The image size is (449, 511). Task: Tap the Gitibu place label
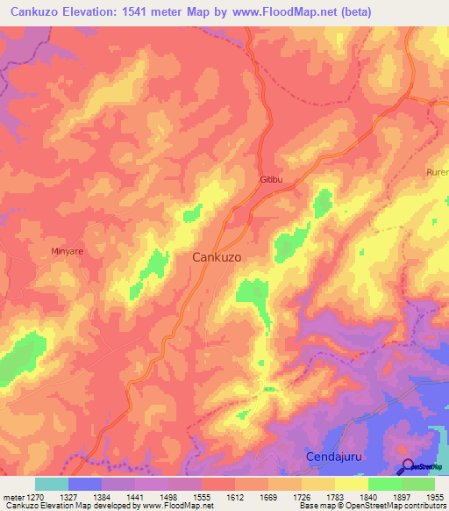(272, 180)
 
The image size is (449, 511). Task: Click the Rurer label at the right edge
(437, 172)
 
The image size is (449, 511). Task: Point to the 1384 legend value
(102, 496)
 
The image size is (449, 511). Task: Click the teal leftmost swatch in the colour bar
(52, 484)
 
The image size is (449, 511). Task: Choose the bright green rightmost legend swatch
(417, 484)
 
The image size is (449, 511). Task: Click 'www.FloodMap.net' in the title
(267, 12)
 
